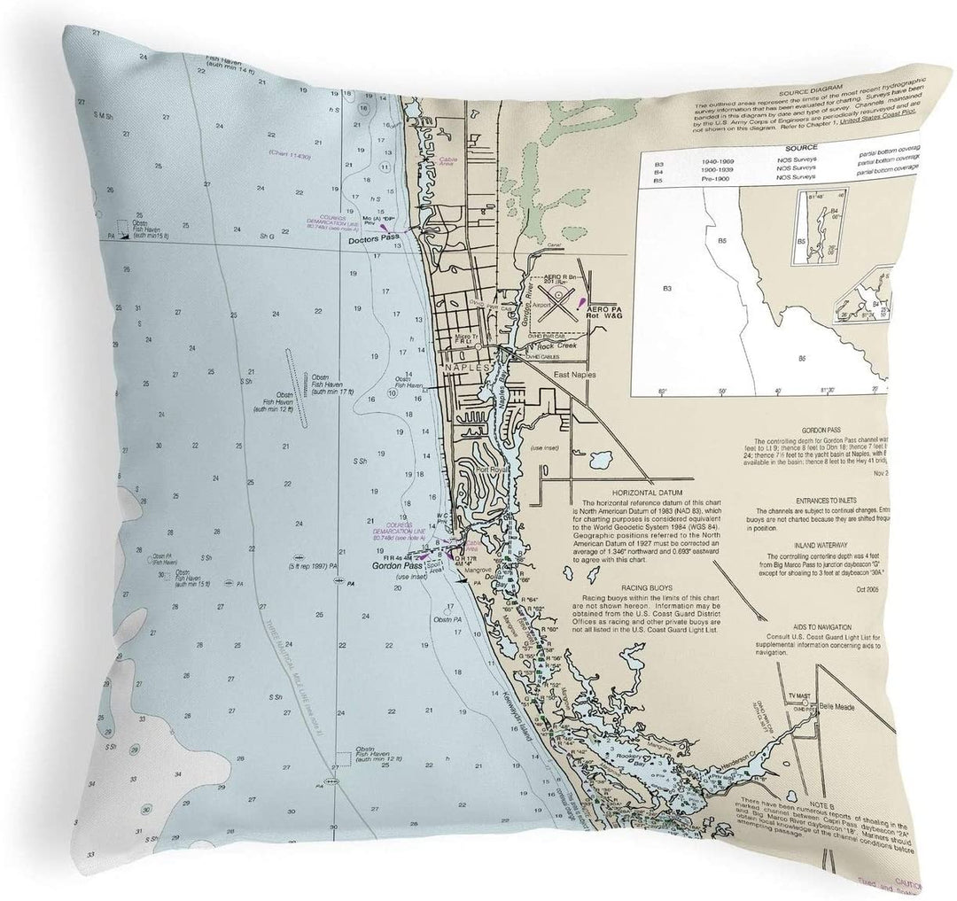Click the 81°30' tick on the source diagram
point(829,390)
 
